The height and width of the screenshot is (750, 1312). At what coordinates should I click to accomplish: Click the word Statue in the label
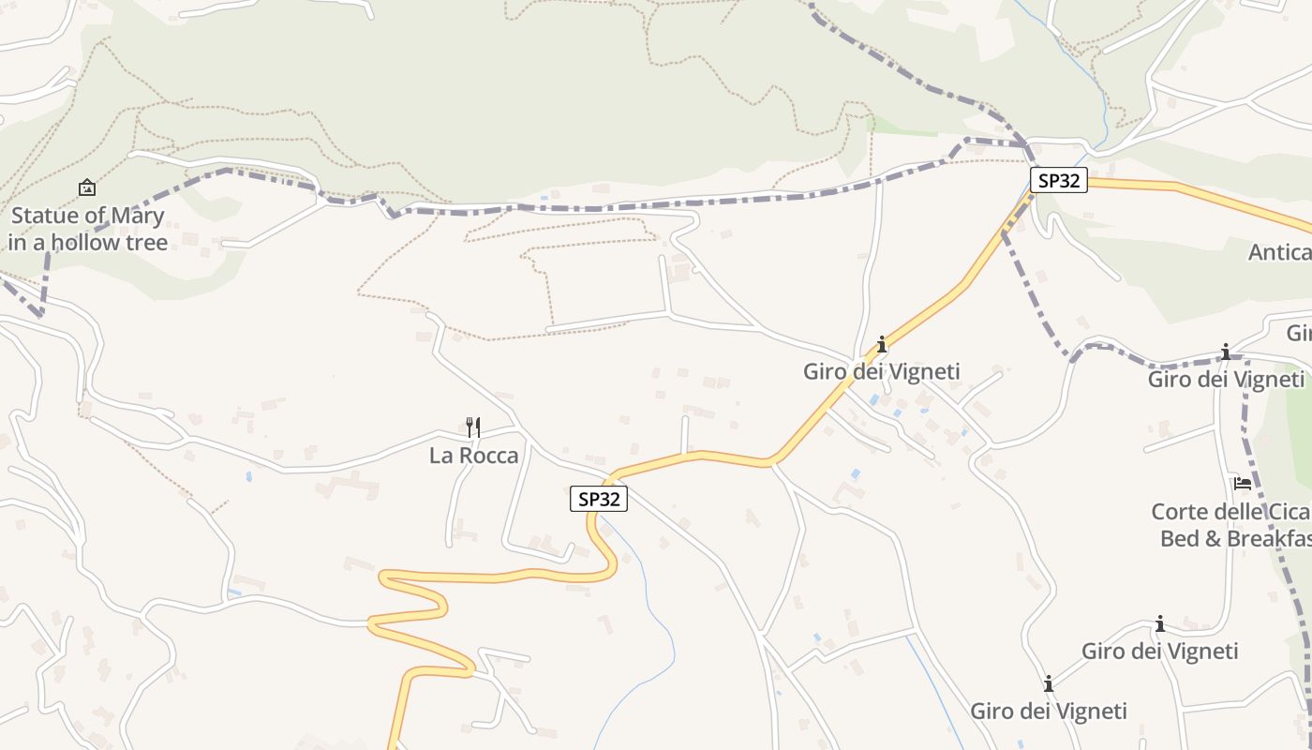[41, 216]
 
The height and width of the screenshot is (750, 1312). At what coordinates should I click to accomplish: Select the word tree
[148, 242]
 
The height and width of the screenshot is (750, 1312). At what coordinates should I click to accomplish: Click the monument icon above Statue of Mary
[86, 187]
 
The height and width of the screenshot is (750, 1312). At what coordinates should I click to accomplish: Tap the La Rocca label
[473, 456]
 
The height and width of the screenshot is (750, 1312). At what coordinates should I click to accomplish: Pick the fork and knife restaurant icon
[473, 427]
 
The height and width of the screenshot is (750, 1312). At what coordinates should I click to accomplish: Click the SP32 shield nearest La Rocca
[598, 499]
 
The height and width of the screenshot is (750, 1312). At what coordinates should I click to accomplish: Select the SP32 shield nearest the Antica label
[1059, 180]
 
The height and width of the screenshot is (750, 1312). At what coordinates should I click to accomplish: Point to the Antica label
[1279, 252]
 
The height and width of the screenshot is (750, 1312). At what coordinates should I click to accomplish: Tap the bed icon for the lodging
[1243, 484]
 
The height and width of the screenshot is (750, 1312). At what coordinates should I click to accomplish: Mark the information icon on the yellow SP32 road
[881, 344]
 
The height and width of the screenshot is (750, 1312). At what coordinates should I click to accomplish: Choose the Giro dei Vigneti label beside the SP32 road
[881, 371]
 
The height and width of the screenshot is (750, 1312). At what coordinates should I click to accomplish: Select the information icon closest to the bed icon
[1225, 352]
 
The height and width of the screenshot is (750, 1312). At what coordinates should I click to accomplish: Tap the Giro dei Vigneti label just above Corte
[1226, 379]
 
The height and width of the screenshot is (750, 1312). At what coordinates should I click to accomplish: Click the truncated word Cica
[1285, 512]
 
